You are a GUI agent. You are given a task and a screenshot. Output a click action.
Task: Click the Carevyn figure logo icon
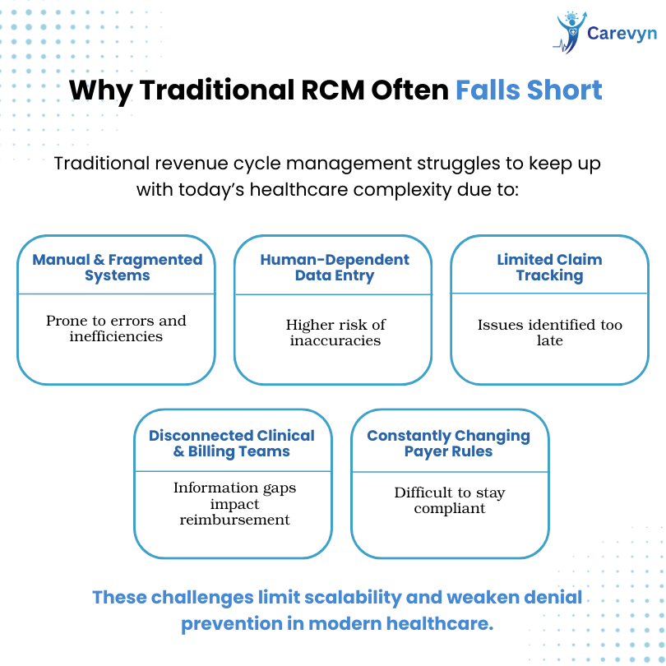(x=571, y=33)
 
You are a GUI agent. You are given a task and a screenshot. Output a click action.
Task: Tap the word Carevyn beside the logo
(x=622, y=34)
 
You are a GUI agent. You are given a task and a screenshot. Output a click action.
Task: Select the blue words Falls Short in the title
(x=529, y=90)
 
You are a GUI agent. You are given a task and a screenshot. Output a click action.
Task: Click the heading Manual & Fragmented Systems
(x=118, y=267)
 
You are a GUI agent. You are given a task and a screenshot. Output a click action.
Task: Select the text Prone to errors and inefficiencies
(x=116, y=328)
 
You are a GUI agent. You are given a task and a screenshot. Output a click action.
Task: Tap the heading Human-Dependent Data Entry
(x=335, y=267)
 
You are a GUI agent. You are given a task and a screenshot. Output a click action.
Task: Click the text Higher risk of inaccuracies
(x=335, y=332)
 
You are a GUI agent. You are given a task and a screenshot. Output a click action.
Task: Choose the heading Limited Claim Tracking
(x=549, y=267)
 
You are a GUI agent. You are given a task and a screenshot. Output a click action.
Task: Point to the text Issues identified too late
(x=549, y=332)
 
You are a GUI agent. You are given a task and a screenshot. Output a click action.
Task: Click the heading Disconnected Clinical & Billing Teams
(x=232, y=443)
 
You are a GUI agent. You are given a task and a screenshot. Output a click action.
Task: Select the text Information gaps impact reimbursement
(x=234, y=503)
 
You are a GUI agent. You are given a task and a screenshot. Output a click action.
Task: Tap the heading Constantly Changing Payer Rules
(x=449, y=443)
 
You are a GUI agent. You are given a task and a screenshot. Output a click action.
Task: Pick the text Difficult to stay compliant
(x=450, y=500)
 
